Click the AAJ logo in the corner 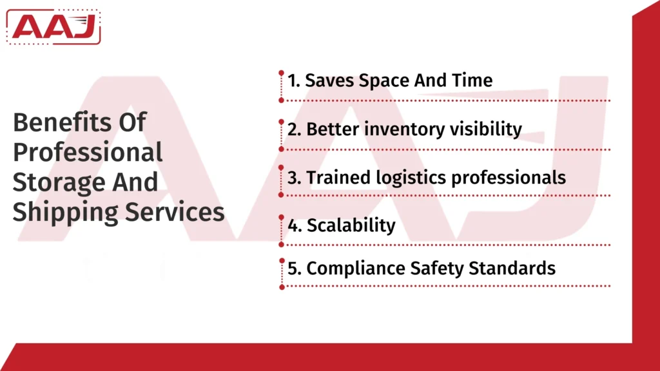(55, 26)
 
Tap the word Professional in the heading (88, 153)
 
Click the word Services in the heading (179, 211)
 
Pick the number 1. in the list (293, 81)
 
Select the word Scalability (351, 226)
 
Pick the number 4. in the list (294, 226)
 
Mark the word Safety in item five (439, 268)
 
